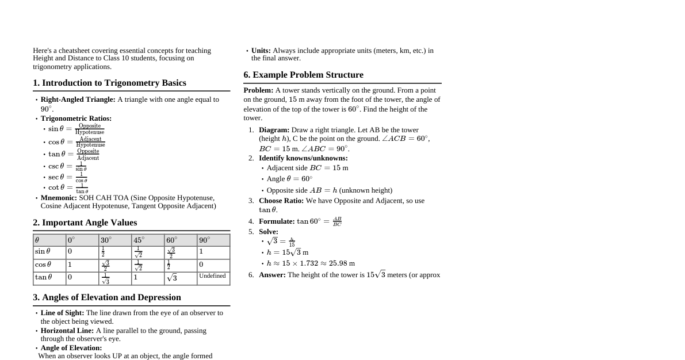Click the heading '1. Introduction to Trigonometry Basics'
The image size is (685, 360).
(109, 83)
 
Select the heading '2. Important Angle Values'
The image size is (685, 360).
(85, 223)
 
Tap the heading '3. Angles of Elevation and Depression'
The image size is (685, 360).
(107, 297)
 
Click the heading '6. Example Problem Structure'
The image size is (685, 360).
(303, 75)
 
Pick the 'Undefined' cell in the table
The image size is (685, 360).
(212, 277)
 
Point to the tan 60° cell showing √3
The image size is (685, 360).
(172, 278)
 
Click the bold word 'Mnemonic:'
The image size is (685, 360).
(59, 198)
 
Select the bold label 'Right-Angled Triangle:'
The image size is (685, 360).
(78, 99)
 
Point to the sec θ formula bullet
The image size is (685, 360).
(68, 177)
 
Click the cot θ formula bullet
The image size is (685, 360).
(68, 188)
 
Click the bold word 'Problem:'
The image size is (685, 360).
(258, 90)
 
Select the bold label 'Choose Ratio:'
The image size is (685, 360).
(281, 201)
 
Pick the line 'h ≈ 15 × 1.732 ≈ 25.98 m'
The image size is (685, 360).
(311, 263)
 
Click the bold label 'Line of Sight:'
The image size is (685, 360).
(62, 313)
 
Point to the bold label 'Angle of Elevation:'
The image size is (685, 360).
(71, 348)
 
